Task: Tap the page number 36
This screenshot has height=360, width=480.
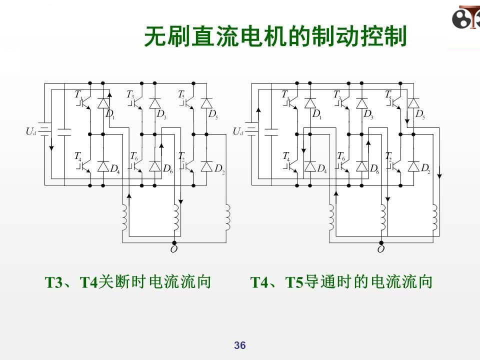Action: click(240, 345)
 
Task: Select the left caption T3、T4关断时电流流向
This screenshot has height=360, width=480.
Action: click(128, 282)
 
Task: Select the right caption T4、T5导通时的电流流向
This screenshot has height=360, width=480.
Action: click(341, 282)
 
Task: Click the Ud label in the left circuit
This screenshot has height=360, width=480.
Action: click(31, 131)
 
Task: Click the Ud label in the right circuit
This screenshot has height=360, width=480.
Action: click(238, 131)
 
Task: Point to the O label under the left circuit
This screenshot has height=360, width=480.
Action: click(173, 248)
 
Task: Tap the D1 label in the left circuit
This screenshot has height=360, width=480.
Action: click(110, 114)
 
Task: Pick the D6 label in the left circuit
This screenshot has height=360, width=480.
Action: click(167, 169)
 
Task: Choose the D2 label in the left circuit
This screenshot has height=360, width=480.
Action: click(219, 169)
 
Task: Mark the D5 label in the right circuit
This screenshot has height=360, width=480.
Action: click(420, 114)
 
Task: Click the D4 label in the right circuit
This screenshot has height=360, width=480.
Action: click(321, 169)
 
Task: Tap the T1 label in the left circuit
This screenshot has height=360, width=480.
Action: click(78, 94)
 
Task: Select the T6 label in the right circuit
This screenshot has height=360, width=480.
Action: click(340, 156)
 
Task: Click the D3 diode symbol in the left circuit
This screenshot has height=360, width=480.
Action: click(155, 103)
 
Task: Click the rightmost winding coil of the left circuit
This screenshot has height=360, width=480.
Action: click(227, 216)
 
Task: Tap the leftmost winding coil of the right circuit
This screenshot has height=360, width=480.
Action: click(330, 216)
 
